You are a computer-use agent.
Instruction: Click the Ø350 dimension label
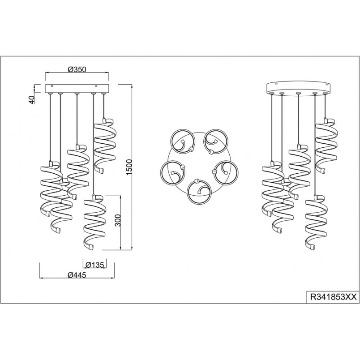pos(77,69)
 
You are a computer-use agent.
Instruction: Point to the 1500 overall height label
pos(129,167)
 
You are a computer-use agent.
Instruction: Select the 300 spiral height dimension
pos(118,220)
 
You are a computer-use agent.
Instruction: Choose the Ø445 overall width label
pos(77,274)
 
